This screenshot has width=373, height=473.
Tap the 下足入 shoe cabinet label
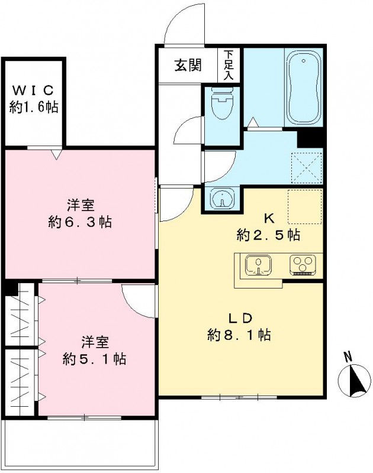[229, 65]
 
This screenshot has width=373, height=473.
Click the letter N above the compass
[348, 357]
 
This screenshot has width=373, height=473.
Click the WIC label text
[34, 90]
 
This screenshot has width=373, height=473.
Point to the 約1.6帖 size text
[34, 107]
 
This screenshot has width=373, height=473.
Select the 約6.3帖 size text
[81, 222]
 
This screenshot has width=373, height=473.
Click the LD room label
[239, 318]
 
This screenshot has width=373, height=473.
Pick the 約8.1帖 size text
[239, 335]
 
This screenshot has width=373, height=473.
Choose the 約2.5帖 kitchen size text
[268, 235]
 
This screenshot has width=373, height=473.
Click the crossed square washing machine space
[307, 167]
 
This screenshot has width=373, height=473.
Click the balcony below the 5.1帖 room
[81, 443]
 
